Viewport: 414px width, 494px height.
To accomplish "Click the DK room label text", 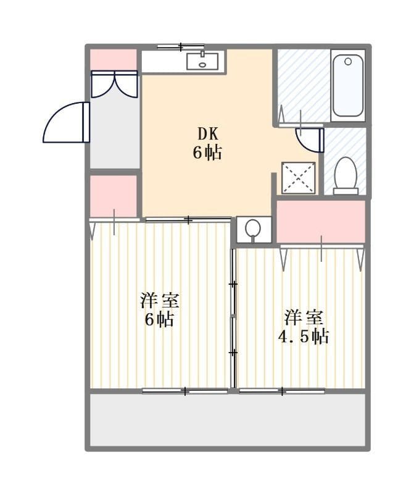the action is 208,134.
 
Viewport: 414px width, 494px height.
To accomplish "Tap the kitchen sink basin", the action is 202,61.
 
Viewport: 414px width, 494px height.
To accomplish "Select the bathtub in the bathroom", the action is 348,85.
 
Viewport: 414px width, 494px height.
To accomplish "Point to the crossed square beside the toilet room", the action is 299,178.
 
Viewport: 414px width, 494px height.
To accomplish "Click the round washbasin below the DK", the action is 253,228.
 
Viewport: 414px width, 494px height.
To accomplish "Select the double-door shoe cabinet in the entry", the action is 115,84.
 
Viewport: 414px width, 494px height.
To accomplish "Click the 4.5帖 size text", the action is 304,337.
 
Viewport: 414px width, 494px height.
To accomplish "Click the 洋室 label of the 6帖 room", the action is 160,301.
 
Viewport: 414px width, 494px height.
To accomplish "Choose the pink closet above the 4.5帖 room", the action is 321,222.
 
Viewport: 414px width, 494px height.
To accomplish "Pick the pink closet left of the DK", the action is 114,196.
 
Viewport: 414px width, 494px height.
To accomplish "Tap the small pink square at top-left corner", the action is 114,59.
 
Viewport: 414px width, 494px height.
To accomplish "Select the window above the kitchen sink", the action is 181,47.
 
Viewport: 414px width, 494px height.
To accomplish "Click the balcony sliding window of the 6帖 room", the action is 185,391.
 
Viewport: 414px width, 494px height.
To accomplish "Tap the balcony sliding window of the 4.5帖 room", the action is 282,391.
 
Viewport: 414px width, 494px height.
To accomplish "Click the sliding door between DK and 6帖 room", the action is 188,220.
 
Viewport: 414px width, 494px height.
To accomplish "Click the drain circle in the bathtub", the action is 348,61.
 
